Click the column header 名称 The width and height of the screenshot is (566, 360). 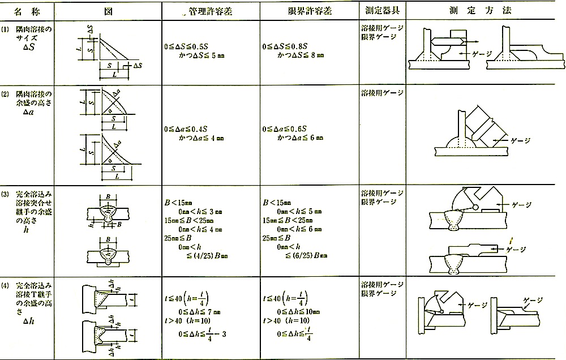click(x=28, y=11)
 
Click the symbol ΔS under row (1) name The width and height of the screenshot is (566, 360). click(x=30, y=48)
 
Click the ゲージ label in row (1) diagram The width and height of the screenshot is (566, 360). click(x=480, y=53)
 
